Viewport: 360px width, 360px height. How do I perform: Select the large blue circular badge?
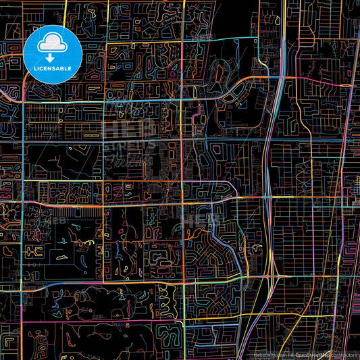point(53,53)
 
